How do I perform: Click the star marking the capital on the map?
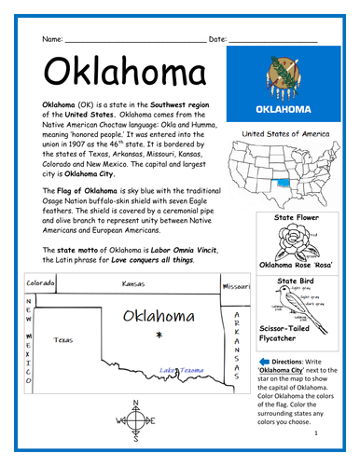point(160,334)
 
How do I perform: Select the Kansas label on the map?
point(133,283)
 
